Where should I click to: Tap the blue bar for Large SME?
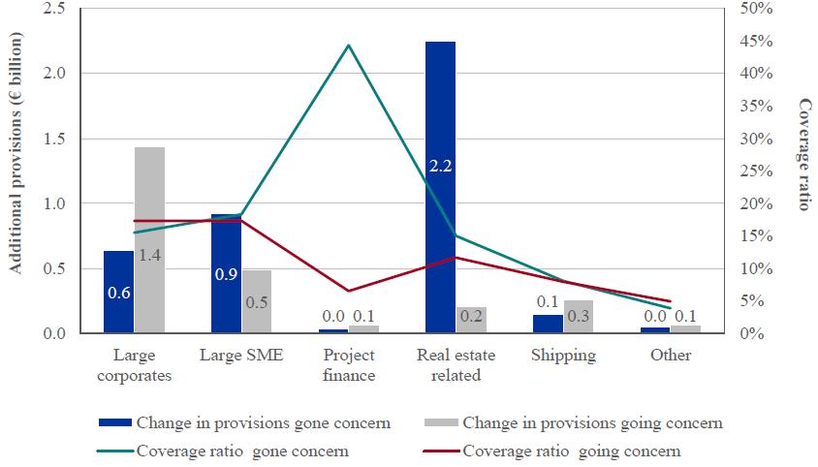pos(226,281)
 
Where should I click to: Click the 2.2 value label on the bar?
pos(440,166)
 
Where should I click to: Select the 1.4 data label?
pos(149,256)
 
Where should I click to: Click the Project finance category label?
pos(349,364)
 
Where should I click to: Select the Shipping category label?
pos(563,355)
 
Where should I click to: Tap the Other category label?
pos(670,355)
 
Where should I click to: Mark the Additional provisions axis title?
pos(16,170)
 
